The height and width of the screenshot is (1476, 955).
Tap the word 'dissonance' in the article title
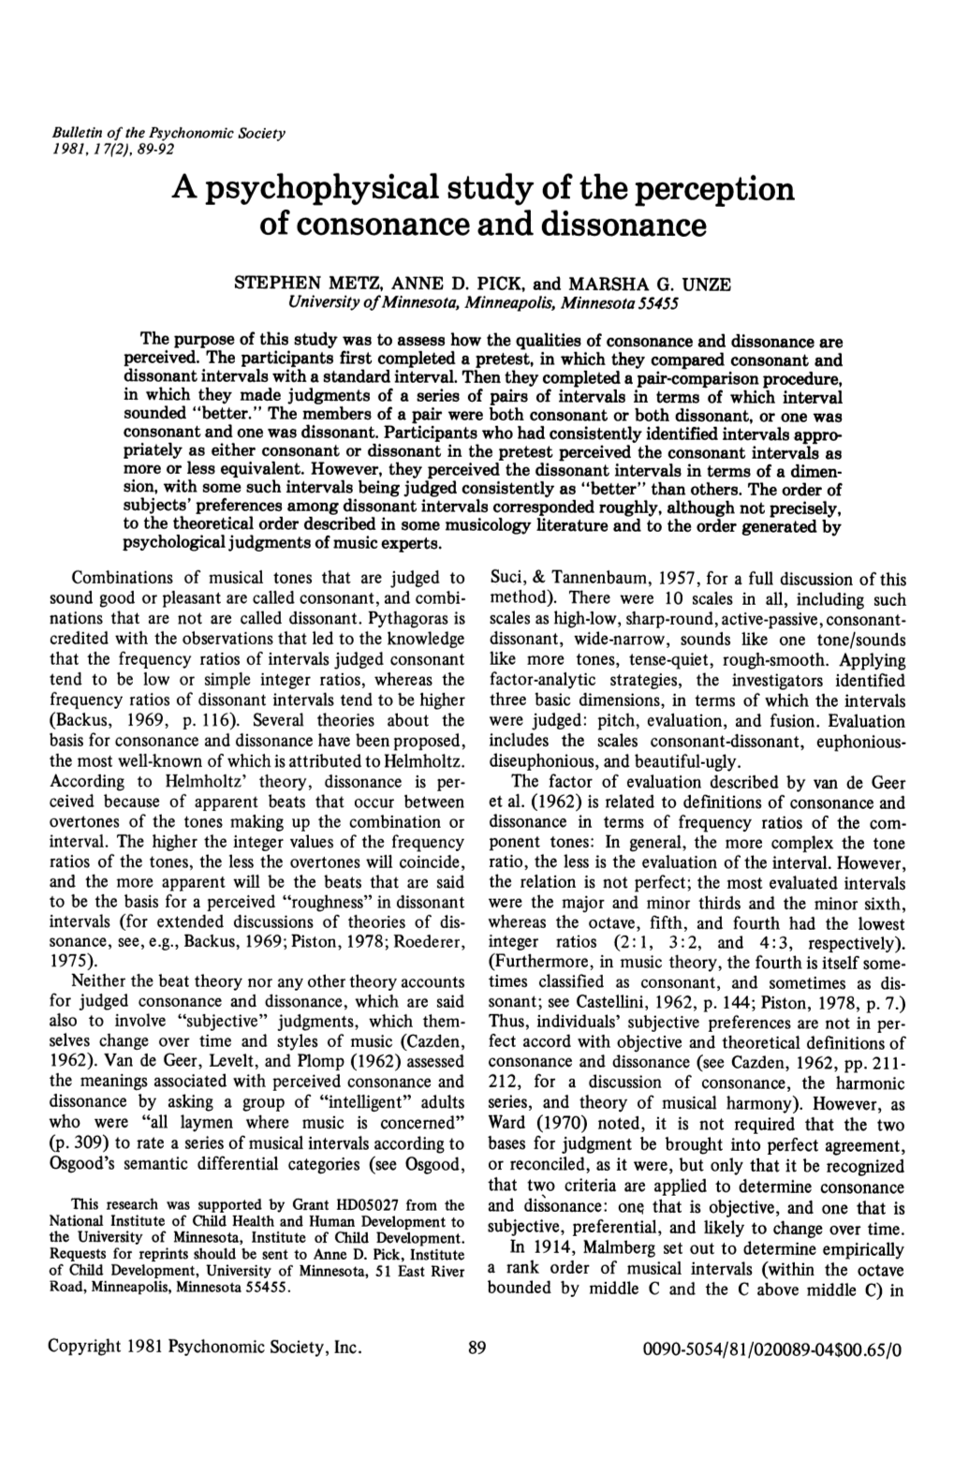coord(605,226)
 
